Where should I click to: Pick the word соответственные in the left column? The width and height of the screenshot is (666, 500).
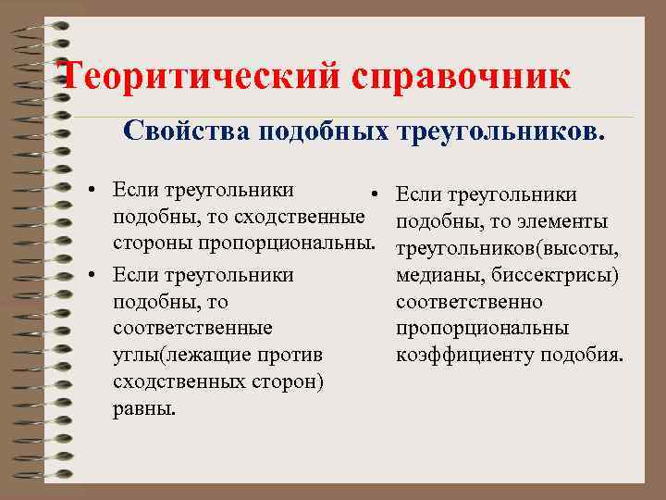(x=191, y=328)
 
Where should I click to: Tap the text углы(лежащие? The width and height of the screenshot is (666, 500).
(x=174, y=355)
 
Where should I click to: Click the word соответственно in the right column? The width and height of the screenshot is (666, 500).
(x=469, y=302)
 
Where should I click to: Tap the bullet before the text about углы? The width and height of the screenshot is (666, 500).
(x=94, y=276)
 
